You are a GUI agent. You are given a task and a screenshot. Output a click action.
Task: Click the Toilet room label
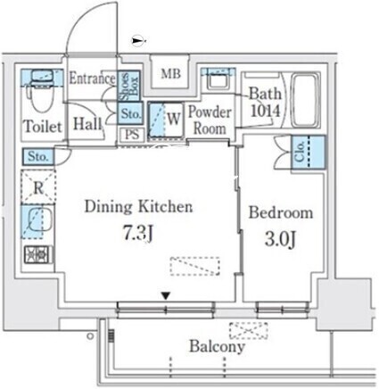(43, 127)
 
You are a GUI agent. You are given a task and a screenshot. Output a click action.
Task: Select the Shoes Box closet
(128, 86)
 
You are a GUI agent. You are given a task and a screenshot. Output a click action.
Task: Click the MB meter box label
(170, 73)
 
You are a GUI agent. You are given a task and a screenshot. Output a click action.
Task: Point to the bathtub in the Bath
(305, 101)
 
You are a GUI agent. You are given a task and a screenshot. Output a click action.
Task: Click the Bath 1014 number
(266, 112)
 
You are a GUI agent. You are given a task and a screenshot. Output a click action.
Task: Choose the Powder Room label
(210, 120)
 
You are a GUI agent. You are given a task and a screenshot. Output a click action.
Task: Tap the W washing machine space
(166, 120)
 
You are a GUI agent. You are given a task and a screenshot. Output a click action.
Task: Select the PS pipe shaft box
(132, 135)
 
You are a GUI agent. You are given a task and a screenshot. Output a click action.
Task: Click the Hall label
(87, 124)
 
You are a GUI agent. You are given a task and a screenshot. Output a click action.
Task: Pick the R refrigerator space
(38, 187)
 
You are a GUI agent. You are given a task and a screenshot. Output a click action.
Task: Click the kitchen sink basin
(39, 221)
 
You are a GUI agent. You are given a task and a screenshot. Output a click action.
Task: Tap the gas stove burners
(38, 255)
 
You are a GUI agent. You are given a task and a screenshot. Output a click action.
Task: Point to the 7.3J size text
(138, 233)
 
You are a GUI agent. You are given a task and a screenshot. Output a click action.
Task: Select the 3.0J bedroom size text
(280, 240)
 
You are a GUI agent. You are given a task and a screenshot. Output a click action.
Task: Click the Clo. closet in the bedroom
(309, 153)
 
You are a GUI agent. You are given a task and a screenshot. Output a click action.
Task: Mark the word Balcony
(218, 346)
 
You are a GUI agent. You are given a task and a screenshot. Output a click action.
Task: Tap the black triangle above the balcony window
(166, 295)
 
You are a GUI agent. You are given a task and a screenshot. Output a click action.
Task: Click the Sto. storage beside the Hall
(131, 113)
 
